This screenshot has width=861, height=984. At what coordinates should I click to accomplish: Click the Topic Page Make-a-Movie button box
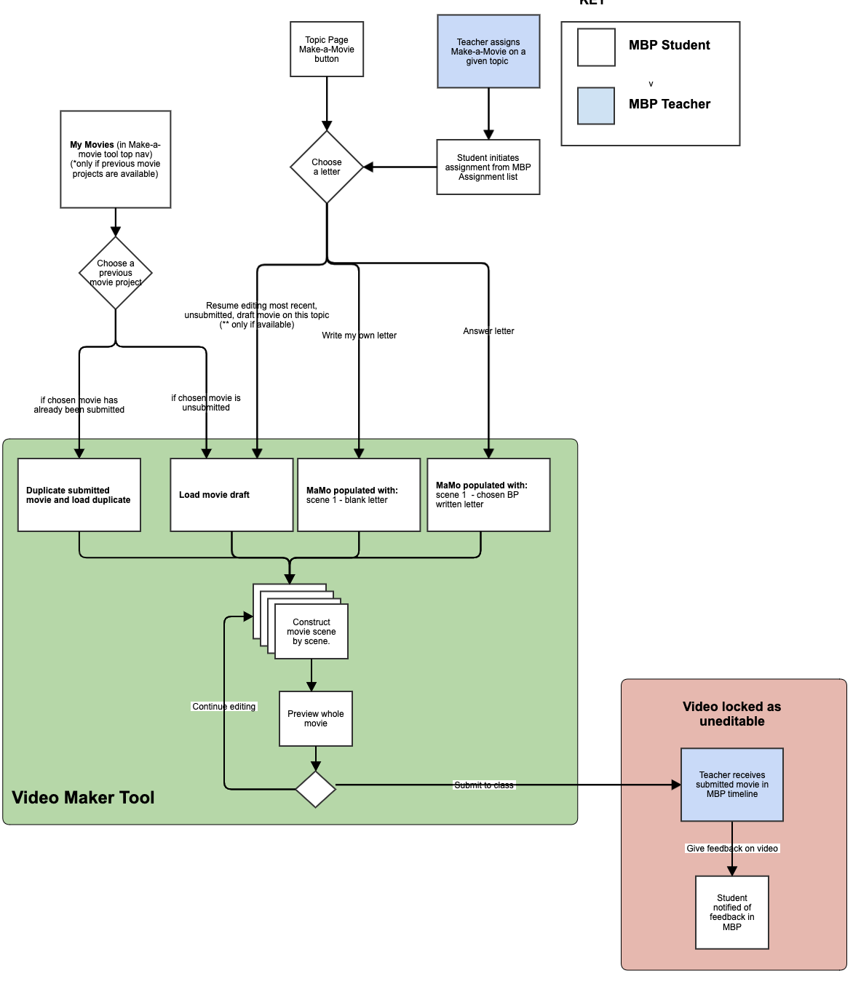coord(327,49)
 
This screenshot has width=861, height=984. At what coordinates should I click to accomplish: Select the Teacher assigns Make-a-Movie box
coord(488,52)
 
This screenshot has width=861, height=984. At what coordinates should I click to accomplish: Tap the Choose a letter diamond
coord(327,167)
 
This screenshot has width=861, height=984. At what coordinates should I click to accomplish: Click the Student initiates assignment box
coord(488,167)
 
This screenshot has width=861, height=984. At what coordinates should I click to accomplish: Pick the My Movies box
coord(116,159)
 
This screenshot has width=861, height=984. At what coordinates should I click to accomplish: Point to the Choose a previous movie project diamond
coord(116,273)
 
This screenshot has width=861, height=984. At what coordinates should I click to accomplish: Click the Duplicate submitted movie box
coord(79,495)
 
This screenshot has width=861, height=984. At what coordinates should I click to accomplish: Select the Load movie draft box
coord(231,495)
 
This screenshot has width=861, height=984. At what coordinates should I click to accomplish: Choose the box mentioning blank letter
coord(359,495)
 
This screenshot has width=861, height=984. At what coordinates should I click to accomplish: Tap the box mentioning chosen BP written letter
coord(488,495)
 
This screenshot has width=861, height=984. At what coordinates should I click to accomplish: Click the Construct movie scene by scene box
coord(312,632)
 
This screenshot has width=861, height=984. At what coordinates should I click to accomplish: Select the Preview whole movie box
coord(316,719)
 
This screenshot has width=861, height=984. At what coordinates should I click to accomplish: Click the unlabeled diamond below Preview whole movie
coord(316,789)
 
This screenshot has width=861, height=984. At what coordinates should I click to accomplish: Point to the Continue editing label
coord(224,707)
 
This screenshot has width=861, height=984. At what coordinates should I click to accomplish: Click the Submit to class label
coord(484,785)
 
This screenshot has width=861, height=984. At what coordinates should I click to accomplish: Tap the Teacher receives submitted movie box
coord(732,785)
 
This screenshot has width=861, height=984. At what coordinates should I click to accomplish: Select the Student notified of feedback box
coord(732,913)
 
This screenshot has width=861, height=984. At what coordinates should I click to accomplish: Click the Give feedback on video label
coord(732,849)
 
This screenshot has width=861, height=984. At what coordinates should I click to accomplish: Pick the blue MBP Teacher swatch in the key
coord(596,106)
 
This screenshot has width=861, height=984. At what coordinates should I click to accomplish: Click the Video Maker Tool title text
coord(83,798)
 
